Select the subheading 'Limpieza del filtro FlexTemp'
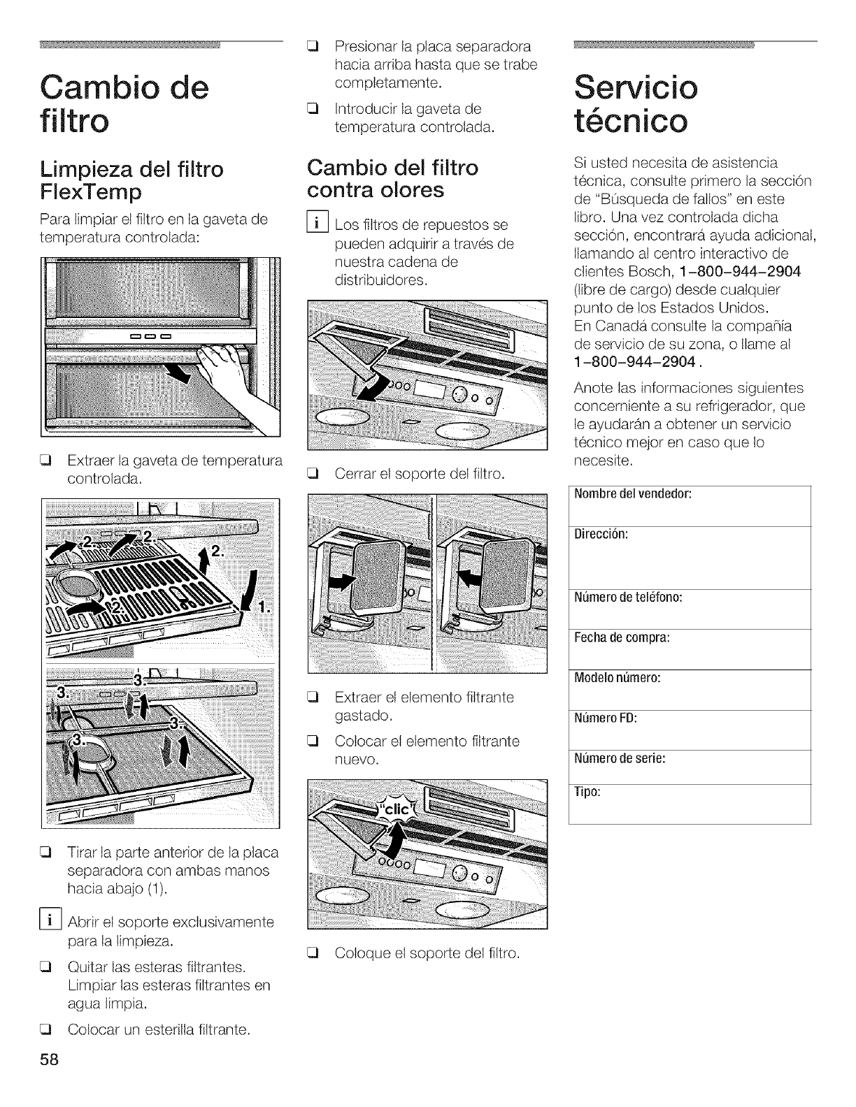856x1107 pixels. click(132, 180)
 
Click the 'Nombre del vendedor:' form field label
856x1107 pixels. click(632, 494)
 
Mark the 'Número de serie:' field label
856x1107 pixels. click(619, 758)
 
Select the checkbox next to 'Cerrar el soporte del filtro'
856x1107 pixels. click(313, 473)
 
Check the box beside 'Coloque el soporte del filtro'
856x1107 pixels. click(313, 953)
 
